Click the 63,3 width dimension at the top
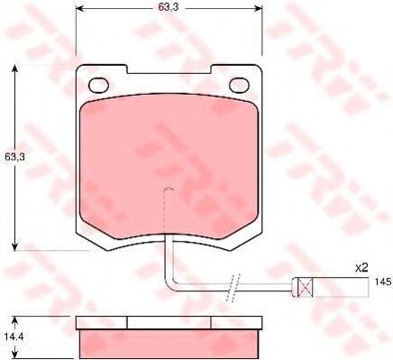click(x=169, y=7)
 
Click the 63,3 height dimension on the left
click(x=14, y=157)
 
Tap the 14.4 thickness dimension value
click(x=14, y=337)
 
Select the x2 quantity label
click(x=361, y=268)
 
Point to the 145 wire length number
click(x=383, y=282)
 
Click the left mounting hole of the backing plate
click(x=98, y=85)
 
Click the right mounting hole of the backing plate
click(x=240, y=85)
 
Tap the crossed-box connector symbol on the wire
click(x=305, y=287)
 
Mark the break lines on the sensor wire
click(x=233, y=288)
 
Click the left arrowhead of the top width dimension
click(x=79, y=8)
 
